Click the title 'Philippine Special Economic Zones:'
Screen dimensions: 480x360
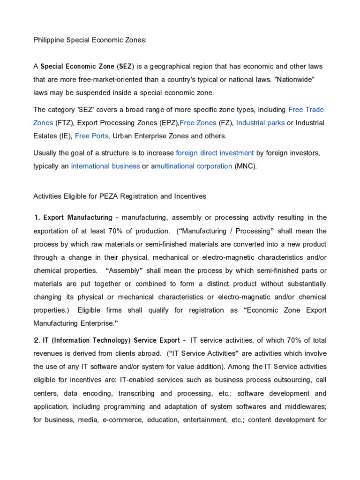[x=90, y=40]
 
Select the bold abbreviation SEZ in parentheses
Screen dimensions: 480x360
[x=124, y=67]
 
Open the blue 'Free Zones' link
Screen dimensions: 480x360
[x=198, y=123]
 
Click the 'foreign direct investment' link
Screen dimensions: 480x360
[x=215, y=153]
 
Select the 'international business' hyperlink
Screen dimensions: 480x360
[x=105, y=166]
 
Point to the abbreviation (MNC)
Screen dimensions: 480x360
[x=246, y=166]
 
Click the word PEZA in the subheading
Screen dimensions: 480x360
[x=110, y=196]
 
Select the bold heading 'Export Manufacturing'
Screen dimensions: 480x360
[x=78, y=217]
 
